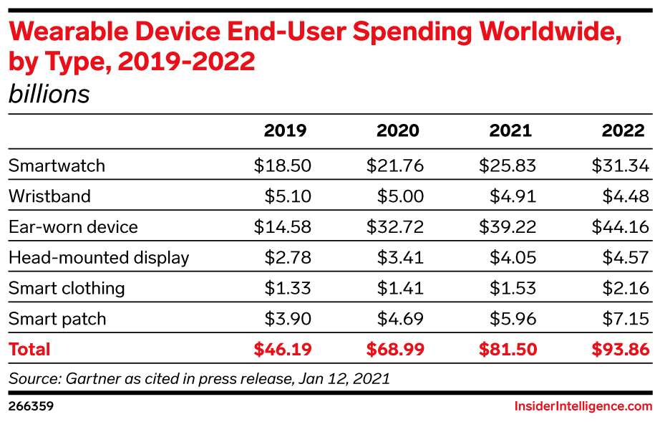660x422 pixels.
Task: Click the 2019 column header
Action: (x=285, y=131)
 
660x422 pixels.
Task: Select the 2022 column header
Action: (x=623, y=131)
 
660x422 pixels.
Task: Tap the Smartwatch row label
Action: (x=57, y=166)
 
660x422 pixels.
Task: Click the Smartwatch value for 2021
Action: (x=508, y=166)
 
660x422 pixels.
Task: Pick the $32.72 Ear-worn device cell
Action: (x=395, y=227)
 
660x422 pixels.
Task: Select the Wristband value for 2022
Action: (x=626, y=197)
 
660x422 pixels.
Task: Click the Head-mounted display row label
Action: (x=99, y=258)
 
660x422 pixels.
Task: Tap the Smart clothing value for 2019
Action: (x=288, y=288)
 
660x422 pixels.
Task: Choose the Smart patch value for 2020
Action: (x=400, y=319)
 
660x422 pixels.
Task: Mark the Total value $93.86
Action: (x=620, y=350)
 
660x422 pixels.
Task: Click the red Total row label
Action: (x=29, y=350)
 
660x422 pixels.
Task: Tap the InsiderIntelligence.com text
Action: (x=583, y=406)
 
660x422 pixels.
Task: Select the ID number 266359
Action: (x=31, y=406)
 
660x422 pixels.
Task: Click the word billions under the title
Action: (x=49, y=95)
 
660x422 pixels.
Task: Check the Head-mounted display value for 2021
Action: (x=513, y=258)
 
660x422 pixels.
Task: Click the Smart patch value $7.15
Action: (x=626, y=319)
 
